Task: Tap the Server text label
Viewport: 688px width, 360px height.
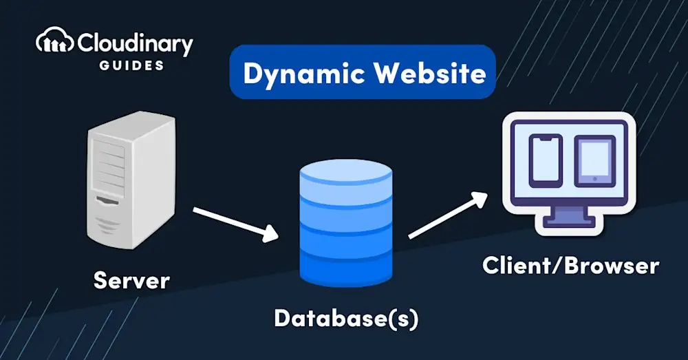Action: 131,280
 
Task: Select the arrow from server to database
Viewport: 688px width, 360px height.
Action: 235,223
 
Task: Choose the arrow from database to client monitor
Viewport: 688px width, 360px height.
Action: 447,215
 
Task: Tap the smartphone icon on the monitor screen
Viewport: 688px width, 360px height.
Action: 545,160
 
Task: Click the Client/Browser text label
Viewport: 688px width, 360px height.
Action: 570,266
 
